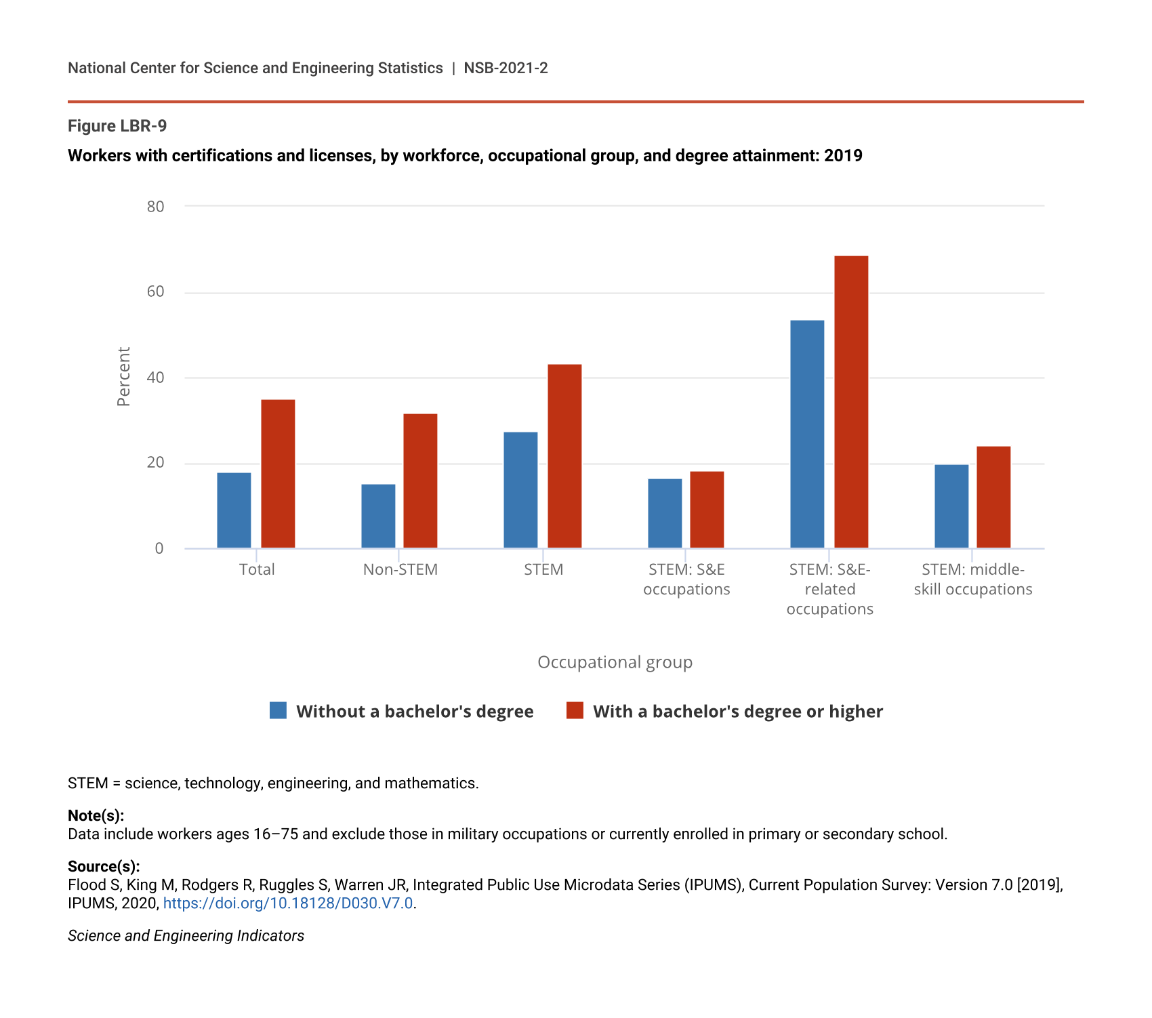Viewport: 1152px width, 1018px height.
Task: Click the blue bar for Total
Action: coord(234,510)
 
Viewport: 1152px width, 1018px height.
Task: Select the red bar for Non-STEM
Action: coord(420,481)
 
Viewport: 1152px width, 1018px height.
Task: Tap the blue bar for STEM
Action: coord(520,490)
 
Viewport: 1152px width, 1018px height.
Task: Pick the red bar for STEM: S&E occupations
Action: coord(707,510)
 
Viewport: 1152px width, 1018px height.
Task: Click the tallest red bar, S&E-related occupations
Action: coord(851,402)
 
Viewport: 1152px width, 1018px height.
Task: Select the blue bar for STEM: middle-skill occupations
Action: coord(951,506)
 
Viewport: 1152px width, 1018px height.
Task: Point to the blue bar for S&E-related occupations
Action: coord(807,434)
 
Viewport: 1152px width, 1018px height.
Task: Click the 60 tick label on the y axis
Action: coord(155,291)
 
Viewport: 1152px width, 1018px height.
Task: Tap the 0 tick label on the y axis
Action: coord(159,548)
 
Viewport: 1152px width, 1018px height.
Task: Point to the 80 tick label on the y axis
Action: coord(155,206)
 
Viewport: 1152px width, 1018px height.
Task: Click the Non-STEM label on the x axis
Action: coord(400,569)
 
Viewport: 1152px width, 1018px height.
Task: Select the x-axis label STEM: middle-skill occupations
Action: coord(973,579)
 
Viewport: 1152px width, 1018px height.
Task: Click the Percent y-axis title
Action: coord(123,377)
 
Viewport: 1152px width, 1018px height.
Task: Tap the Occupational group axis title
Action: coord(615,662)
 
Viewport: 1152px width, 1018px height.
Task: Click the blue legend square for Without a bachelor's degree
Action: coord(278,710)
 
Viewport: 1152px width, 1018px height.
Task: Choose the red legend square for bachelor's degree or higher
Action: coord(575,710)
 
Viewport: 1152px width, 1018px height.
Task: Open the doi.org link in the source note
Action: coord(288,903)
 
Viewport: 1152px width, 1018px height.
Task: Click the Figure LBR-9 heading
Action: coord(117,126)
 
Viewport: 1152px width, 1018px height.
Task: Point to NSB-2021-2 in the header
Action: coord(506,68)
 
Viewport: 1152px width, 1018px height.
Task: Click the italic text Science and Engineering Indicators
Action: coord(186,936)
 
